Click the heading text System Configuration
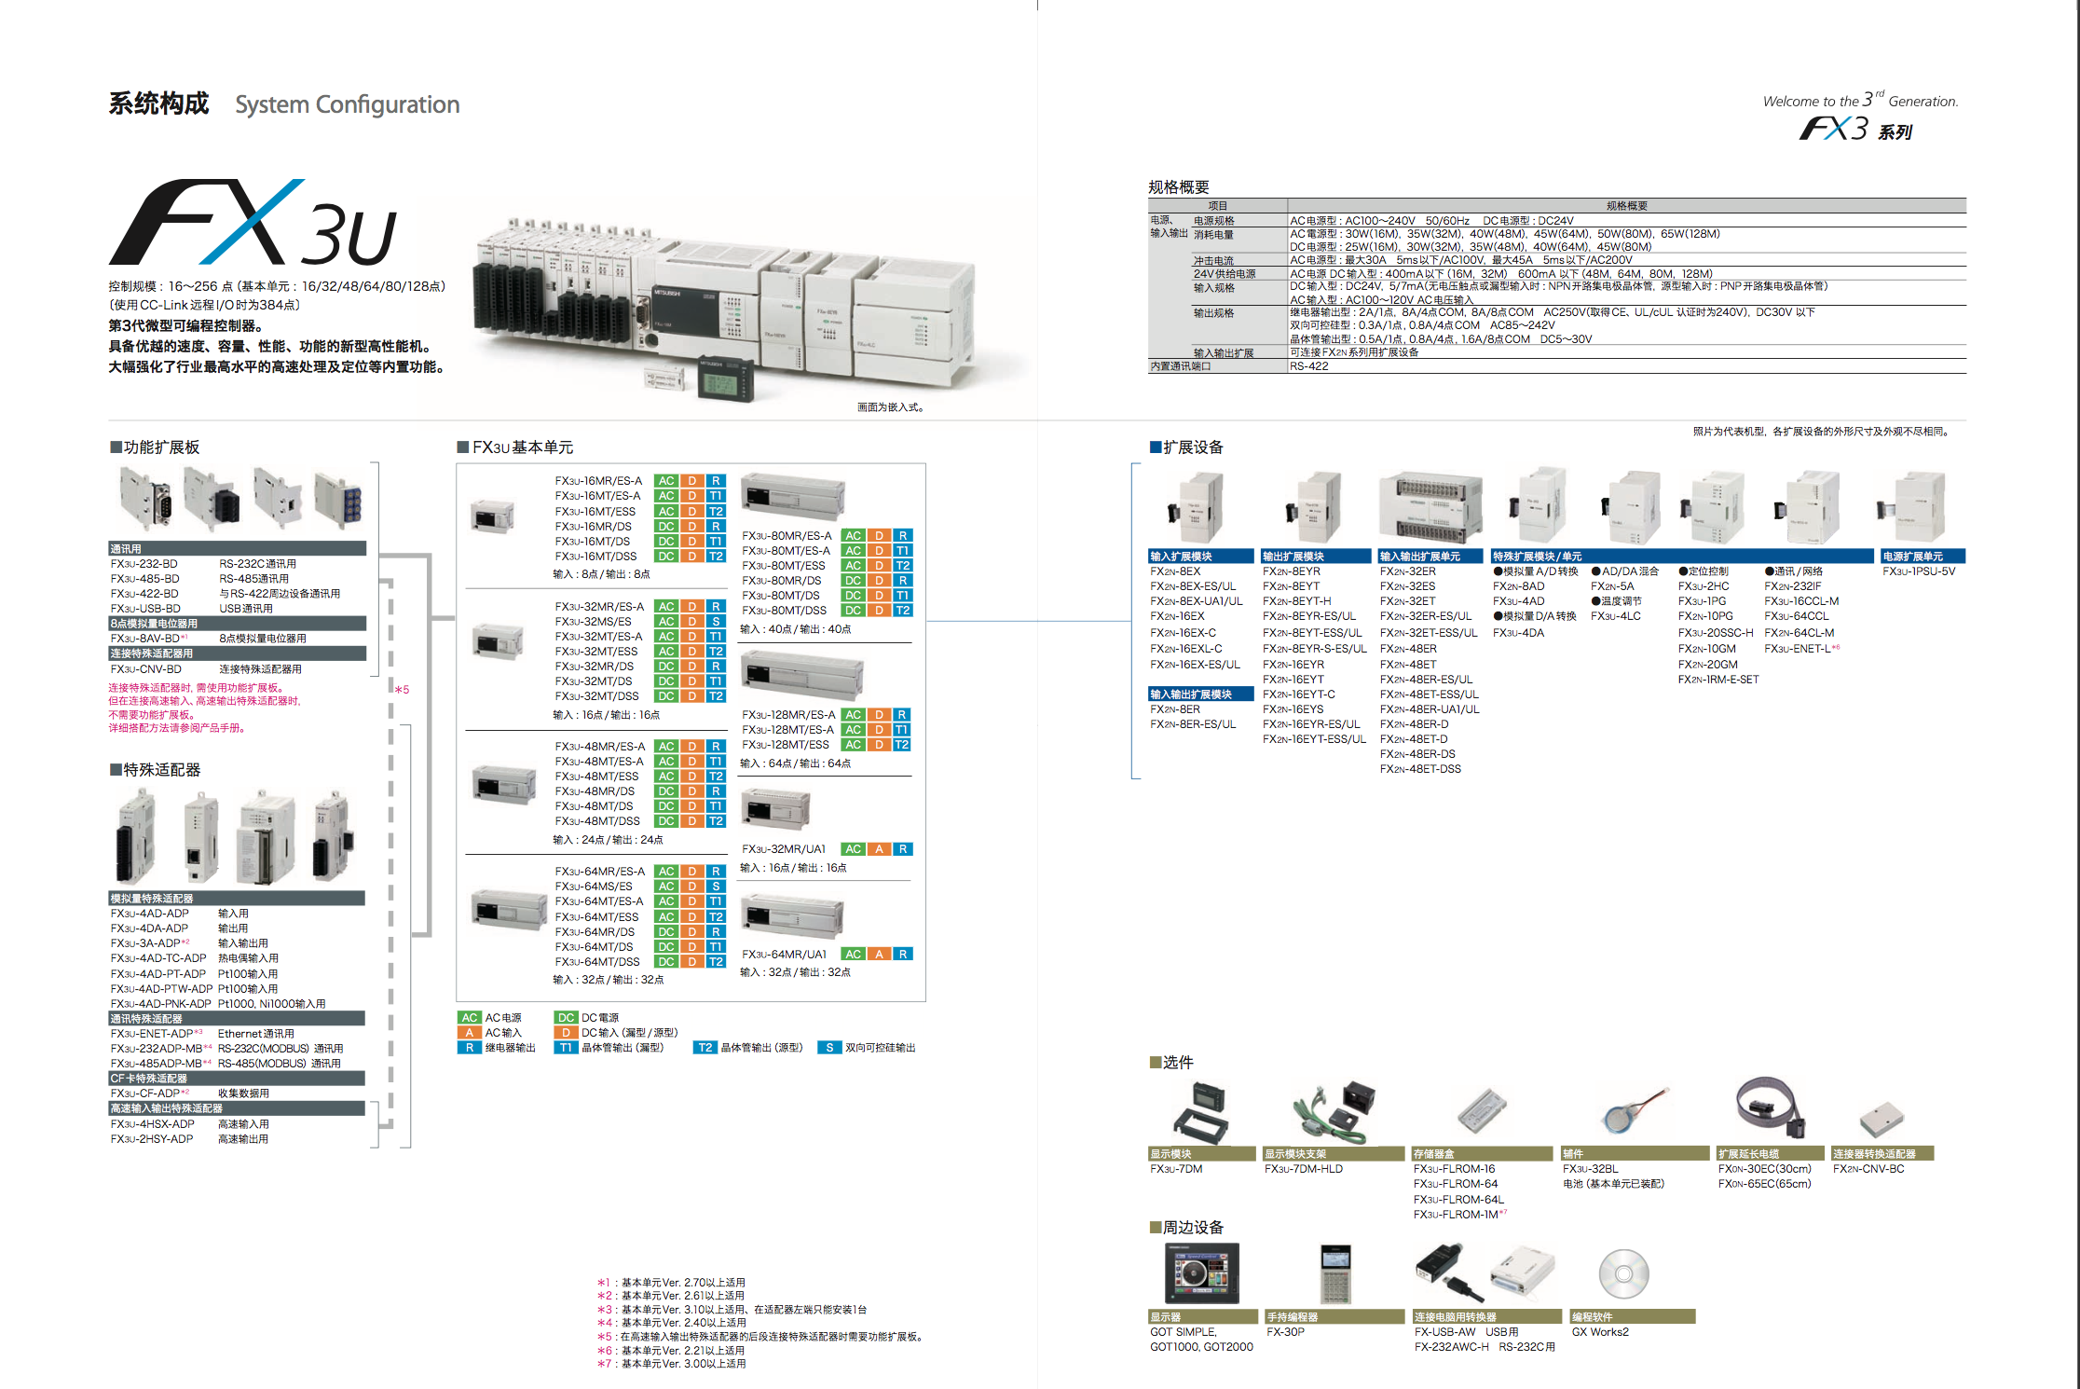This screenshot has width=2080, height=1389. pyautogui.click(x=347, y=104)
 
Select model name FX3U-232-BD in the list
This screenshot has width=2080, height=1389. pyautogui.click(x=144, y=564)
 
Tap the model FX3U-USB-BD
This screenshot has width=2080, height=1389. pyautogui.click(x=145, y=609)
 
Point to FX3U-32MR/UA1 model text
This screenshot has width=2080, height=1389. pyautogui.click(x=784, y=849)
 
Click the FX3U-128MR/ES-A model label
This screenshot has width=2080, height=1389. pyautogui.click(x=788, y=715)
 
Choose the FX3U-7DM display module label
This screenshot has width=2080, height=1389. pyautogui.click(x=1176, y=1169)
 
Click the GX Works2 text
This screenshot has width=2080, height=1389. pyautogui.click(x=1600, y=1332)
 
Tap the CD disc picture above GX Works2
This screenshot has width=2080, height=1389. pyautogui.click(x=1623, y=1274)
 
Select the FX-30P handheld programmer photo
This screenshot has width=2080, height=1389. pyautogui.click(x=1334, y=1274)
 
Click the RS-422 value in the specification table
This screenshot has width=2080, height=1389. pyautogui.click(x=1308, y=366)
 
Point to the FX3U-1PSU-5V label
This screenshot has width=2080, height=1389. pyautogui.click(x=1919, y=571)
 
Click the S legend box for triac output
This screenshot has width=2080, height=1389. pyautogui.click(x=829, y=1048)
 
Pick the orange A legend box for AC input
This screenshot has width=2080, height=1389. pyautogui.click(x=470, y=1033)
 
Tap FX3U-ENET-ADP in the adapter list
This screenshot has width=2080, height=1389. pyautogui.click(x=151, y=1034)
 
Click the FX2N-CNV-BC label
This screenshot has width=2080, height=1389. pyautogui.click(x=1868, y=1169)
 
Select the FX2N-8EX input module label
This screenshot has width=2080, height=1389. pyautogui.click(x=1175, y=571)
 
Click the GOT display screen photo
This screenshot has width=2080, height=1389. pyautogui.click(x=1202, y=1273)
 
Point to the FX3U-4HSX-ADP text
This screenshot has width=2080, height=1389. pyautogui.click(x=152, y=1124)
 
